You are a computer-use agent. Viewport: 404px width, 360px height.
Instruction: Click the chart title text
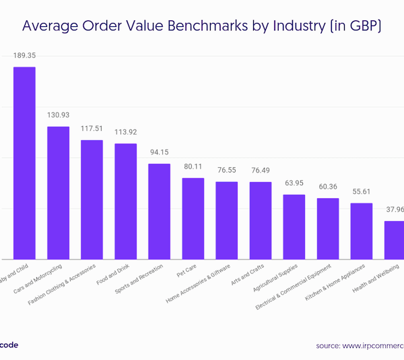click(x=202, y=28)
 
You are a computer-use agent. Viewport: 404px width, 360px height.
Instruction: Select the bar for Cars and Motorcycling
click(x=58, y=193)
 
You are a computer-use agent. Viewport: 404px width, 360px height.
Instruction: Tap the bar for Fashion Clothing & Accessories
click(x=92, y=200)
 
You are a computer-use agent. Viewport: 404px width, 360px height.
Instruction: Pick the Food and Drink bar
click(x=125, y=202)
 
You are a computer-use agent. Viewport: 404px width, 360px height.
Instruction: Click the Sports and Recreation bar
click(x=159, y=212)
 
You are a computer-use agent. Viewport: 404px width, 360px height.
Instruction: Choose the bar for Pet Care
click(x=193, y=218)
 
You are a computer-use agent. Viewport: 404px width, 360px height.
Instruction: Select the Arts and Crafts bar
click(x=261, y=220)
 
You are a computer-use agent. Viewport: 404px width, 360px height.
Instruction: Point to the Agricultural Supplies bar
click(x=294, y=227)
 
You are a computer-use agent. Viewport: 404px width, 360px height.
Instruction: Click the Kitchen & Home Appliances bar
click(x=362, y=231)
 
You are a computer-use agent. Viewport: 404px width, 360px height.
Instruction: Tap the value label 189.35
click(x=24, y=55)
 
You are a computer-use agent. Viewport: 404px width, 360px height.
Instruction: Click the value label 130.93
click(x=58, y=115)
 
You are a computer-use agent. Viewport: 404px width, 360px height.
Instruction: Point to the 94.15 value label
click(x=159, y=152)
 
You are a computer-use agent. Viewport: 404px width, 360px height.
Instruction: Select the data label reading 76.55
click(x=227, y=170)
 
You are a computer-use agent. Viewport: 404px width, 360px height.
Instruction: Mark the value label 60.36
click(x=328, y=186)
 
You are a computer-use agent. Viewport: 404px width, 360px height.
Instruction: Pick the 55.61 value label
click(x=362, y=191)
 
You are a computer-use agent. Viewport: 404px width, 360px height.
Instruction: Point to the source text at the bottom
click(x=360, y=345)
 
